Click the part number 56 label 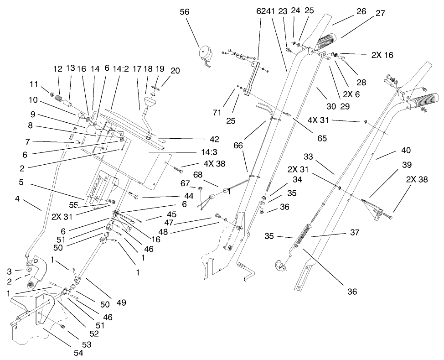184,13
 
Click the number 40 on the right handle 405,150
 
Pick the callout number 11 34,84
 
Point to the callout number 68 198,175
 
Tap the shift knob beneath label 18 148,102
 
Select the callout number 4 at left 18,199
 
